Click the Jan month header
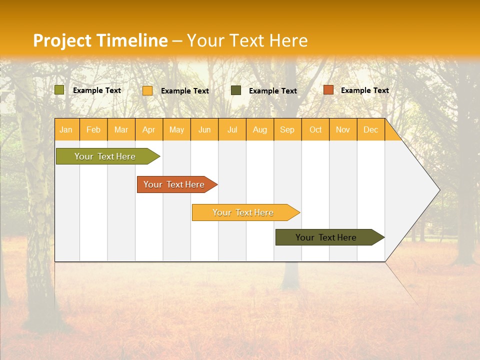coord(66,129)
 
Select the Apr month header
coord(148,129)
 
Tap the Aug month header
coord(259,129)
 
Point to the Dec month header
coord(370,129)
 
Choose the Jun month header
coord(204,129)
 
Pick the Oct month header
coord(315,129)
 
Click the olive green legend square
coord(59,90)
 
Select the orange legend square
coord(147,90)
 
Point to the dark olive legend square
coord(236,90)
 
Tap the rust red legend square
coord(328,90)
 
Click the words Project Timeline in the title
coord(100,40)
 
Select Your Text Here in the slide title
coord(247,40)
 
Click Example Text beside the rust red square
coord(364,90)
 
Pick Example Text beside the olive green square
coord(96,90)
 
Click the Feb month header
coord(93,129)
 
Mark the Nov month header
coord(342,129)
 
